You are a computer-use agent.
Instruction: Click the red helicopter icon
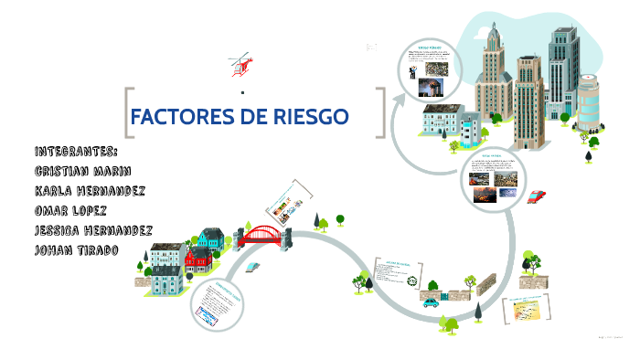tap(240, 65)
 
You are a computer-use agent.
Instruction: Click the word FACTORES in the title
tap(184, 116)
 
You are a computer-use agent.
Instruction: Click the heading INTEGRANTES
tap(76, 152)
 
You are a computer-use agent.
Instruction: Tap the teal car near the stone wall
tap(430, 301)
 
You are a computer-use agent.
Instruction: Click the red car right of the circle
tap(537, 196)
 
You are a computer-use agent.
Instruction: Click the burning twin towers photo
tap(429, 86)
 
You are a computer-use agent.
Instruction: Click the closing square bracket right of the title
tap(379, 112)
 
